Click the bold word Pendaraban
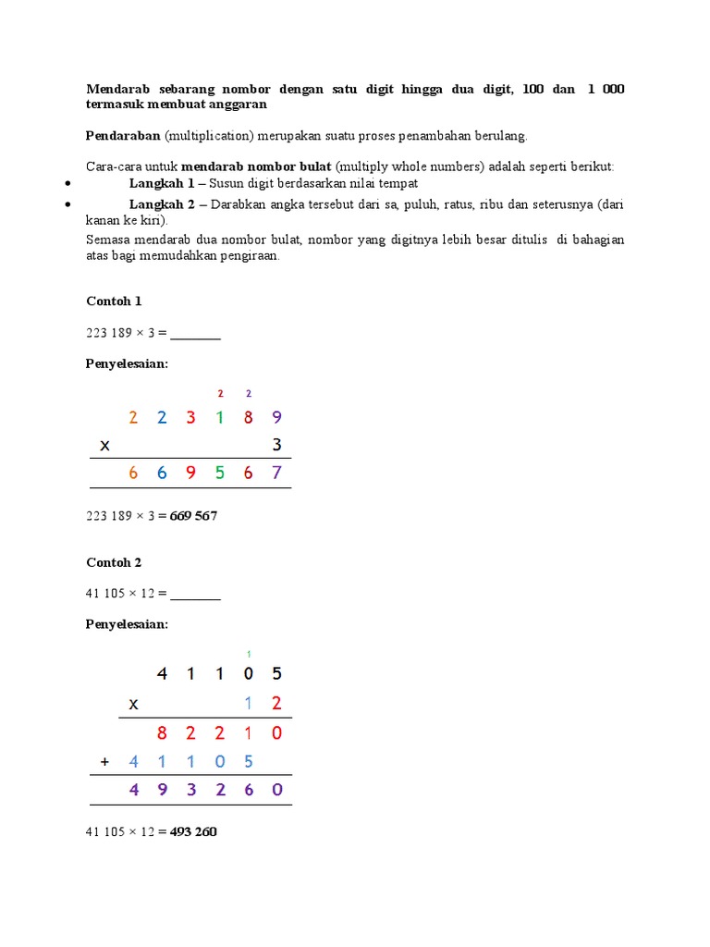[124, 136]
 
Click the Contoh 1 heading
[114, 301]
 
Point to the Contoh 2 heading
[114, 562]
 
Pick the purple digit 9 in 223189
[276, 417]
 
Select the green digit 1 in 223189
[219, 417]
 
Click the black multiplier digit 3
[276, 445]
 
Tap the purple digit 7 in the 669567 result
[276, 473]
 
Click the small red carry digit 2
[220, 393]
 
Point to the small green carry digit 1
[249, 655]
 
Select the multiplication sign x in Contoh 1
[104, 446]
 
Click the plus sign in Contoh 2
[104, 762]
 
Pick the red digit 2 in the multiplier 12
[276, 704]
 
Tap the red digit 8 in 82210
[162, 733]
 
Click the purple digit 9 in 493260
[162, 791]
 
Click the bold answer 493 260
[193, 831]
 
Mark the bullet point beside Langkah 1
[69, 184]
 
